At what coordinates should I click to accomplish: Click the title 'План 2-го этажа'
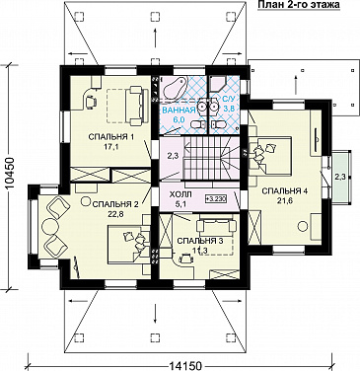pos(298,5)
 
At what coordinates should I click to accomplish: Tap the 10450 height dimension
pos(12,177)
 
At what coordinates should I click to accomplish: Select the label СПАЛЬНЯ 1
pos(111,137)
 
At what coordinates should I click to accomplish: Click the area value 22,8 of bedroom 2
pos(115,213)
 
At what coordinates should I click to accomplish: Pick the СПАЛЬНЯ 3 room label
pos(200,241)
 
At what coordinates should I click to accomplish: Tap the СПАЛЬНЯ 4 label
pos(285,191)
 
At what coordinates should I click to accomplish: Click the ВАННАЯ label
pos(178,111)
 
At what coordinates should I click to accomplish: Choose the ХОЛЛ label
pos(180,195)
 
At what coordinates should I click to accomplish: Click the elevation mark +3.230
pos(216,198)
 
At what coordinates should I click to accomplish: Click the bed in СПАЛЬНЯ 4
pos(271,155)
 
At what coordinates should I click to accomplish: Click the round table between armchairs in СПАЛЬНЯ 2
pos(49,226)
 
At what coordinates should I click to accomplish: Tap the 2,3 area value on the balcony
pos(340,177)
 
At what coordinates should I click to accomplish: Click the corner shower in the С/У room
pos(219,84)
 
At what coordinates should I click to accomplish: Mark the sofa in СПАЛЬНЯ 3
pos(216,226)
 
